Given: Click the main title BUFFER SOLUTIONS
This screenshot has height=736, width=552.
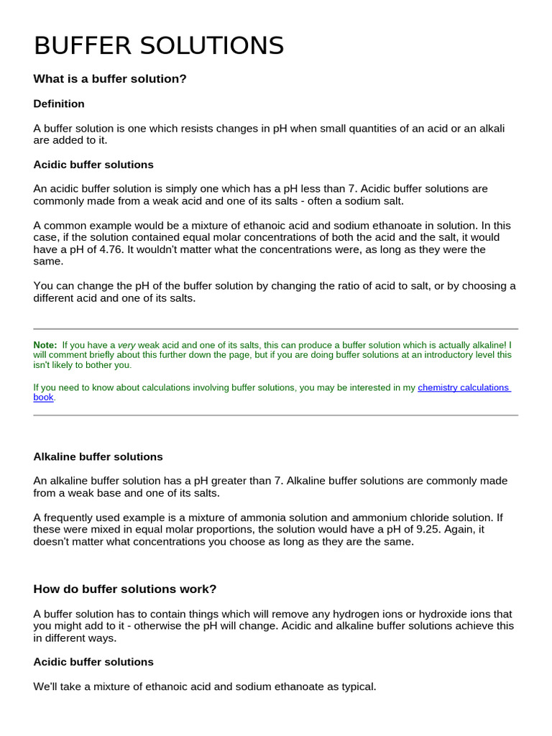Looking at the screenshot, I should click(x=159, y=46).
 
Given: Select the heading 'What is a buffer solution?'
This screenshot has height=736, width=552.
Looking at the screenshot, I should click(x=110, y=79).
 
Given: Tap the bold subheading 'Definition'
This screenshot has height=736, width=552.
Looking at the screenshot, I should click(x=59, y=104).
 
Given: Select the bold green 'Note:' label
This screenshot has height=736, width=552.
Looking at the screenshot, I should click(x=45, y=345).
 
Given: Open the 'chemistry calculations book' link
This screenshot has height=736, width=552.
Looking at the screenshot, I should click(x=464, y=387).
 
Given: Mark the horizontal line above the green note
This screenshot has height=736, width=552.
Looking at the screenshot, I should click(x=276, y=328).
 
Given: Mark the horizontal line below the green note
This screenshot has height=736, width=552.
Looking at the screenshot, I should click(x=276, y=415).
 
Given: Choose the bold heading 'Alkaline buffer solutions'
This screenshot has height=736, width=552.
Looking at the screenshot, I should click(x=98, y=457).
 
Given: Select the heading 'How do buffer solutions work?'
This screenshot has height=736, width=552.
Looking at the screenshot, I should click(x=125, y=589).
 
